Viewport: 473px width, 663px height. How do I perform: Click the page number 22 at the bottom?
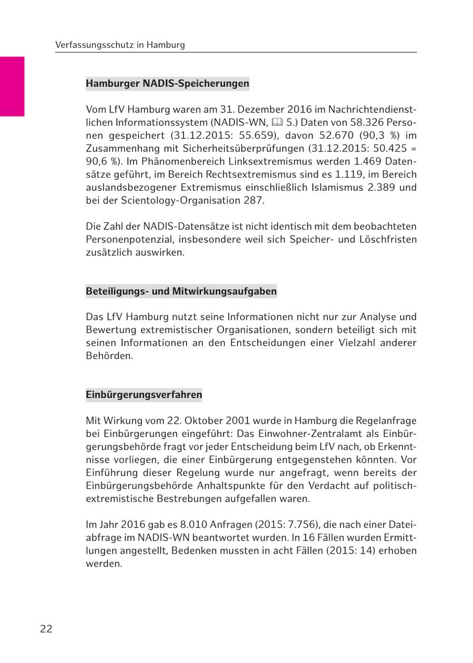[46, 629]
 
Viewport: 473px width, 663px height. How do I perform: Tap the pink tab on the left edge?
[12, 86]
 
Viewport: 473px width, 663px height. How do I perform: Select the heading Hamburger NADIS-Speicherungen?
[167, 84]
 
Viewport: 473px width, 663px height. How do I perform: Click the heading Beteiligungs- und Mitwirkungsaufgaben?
[181, 291]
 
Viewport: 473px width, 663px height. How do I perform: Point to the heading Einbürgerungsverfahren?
[143, 395]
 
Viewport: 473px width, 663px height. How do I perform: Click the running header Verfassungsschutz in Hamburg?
[120, 45]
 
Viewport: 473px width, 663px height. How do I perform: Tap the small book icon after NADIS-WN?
[277, 123]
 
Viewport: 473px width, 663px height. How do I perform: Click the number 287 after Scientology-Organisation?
[253, 200]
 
